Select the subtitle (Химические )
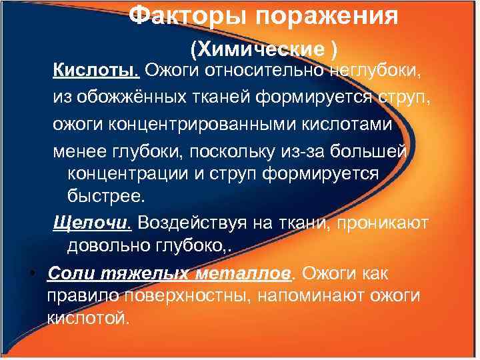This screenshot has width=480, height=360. [x=264, y=48]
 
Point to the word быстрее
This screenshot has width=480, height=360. [x=105, y=197]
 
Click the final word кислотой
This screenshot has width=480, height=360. [x=85, y=319]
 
